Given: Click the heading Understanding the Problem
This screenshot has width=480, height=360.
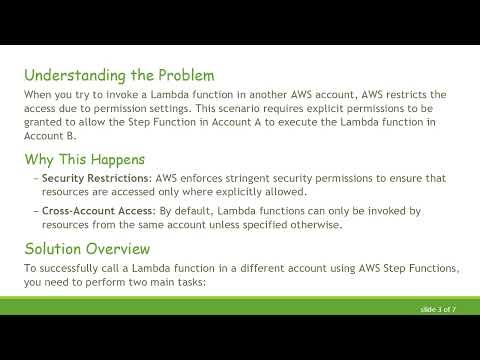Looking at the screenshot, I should click(x=118, y=74).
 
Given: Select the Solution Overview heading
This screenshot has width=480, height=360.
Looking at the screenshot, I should click(x=87, y=248).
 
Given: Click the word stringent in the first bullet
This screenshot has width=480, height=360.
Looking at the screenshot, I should click(x=232, y=178).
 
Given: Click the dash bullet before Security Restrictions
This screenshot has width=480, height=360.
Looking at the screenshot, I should click(x=34, y=178).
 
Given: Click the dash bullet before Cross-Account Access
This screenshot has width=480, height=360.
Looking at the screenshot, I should click(x=34, y=211).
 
